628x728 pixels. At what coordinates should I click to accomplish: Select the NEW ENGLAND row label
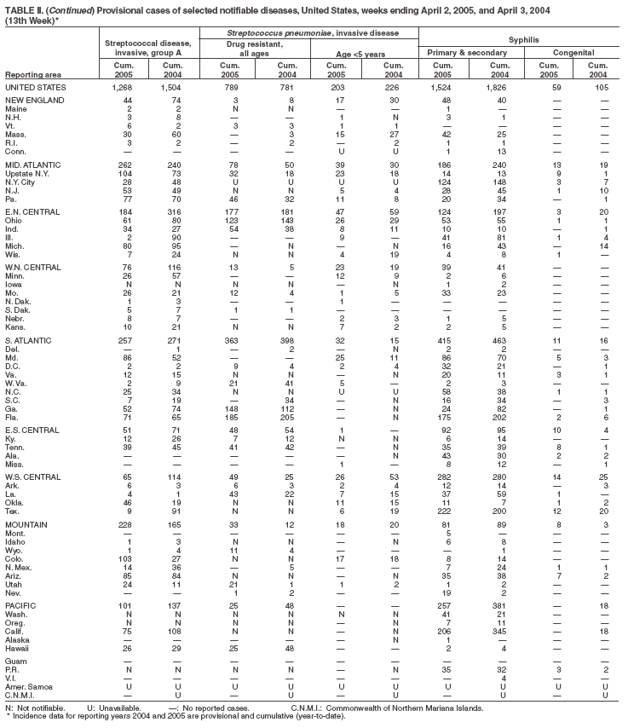tap(32, 100)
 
